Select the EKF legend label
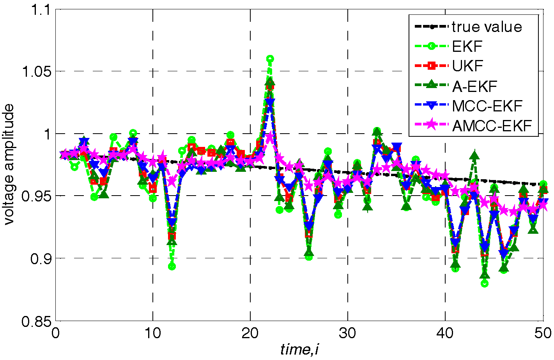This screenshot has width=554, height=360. [x=467, y=47]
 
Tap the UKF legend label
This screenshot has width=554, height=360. [x=467, y=66]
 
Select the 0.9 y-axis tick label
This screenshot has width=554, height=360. [x=41, y=258]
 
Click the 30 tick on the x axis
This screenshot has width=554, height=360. [x=347, y=333]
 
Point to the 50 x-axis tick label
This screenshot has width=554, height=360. [x=542, y=333]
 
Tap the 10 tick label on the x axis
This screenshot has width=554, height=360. [x=153, y=333]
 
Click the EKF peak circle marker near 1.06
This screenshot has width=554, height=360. [x=270, y=59]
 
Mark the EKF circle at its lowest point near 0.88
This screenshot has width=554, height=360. [x=484, y=284]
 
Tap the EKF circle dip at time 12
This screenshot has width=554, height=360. [x=172, y=266]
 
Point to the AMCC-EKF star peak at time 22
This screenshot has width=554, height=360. [x=270, y=138]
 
